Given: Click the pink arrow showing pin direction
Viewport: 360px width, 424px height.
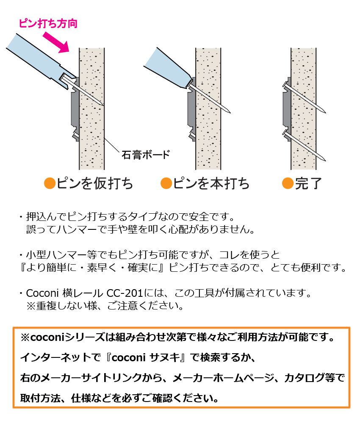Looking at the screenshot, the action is coord(56,42).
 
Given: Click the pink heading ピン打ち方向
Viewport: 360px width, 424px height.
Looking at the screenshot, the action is coord(48,23).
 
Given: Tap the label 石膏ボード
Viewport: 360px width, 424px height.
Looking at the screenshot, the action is coord(146,155).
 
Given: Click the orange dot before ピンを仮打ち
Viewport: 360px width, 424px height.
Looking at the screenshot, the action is coord(50,183).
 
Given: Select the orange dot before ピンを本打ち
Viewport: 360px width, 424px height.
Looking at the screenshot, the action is coord(166,183).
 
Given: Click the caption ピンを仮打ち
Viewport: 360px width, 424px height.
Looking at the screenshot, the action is coord(94,183).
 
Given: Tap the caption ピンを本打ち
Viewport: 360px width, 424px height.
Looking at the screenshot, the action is coord(211,183).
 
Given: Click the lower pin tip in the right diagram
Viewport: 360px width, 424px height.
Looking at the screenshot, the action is coord(325,161).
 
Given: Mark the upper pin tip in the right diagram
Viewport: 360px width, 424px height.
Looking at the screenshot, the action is coord(325,112).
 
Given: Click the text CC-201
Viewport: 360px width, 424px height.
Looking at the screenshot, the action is coord(125,293).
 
